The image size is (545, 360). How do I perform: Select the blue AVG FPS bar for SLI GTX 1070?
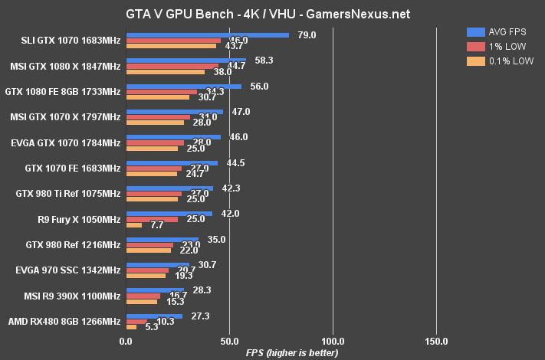[207, 34]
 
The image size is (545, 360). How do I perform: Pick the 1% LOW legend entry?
[498, 47]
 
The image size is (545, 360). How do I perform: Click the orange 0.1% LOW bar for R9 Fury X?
[133, 225]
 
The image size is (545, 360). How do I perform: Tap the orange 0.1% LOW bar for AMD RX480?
[131, 327]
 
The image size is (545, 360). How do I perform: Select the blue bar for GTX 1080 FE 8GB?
[183, 86]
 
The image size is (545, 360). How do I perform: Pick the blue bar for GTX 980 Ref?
[162, 239]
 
